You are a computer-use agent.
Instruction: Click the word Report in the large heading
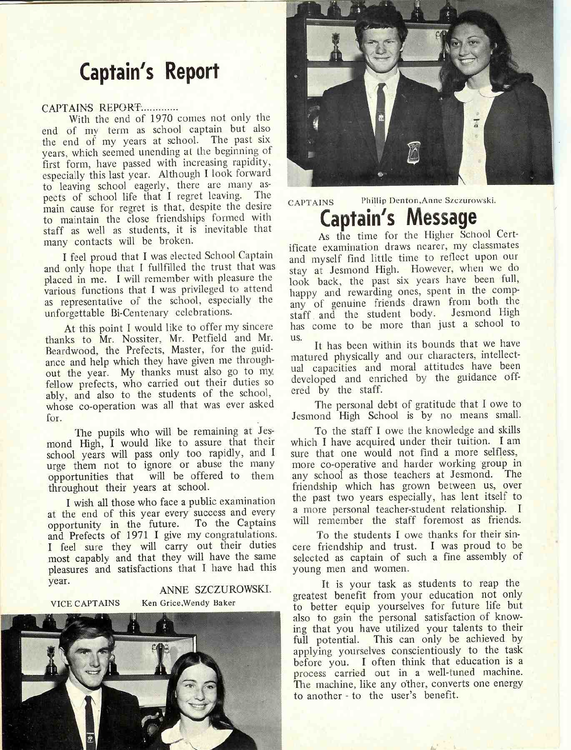[x=192, y=72]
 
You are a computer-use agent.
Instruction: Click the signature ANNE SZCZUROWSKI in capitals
[x=215, y=590]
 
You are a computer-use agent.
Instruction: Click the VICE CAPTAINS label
[x=85, y=603]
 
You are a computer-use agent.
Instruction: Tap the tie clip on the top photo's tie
[x=380, y=118]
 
